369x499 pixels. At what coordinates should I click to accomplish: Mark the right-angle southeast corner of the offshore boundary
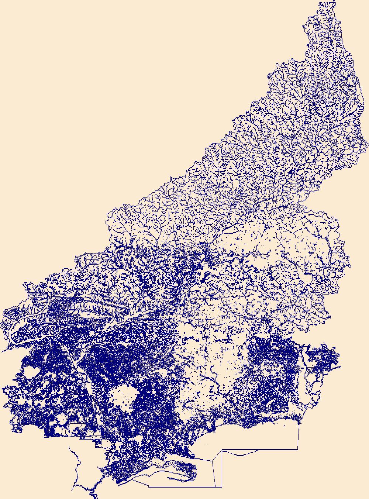tap(298, 450)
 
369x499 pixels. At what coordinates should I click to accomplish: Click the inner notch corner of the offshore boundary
tap(221, 450)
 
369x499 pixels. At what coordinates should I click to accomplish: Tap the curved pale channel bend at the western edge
tap(15, 328)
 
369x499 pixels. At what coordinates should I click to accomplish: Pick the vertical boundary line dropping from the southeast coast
tap(298, 436)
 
